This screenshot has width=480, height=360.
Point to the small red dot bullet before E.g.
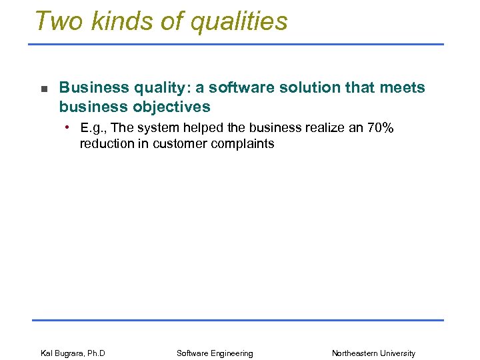68,126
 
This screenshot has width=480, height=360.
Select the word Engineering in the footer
231,353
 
